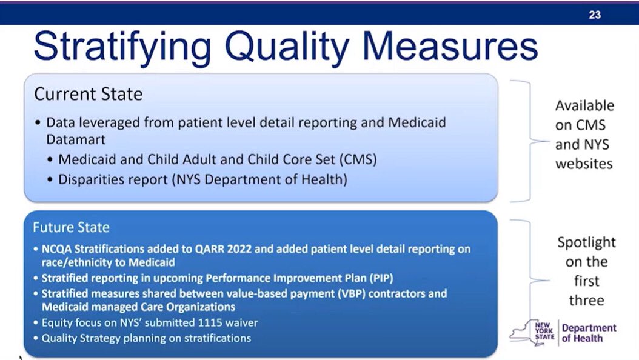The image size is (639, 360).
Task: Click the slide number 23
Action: [x=594, y=15]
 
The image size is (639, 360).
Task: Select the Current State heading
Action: [x=88, y=94]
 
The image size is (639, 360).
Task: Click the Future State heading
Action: [x=72, y=228]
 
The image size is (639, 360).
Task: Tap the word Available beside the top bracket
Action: [x=584, y=105]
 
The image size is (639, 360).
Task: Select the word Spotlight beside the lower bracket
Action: [x=586, y=242]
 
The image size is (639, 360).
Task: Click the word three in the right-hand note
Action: [x=586, y=301]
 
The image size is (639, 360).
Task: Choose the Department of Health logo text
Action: [x=588, y=333]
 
